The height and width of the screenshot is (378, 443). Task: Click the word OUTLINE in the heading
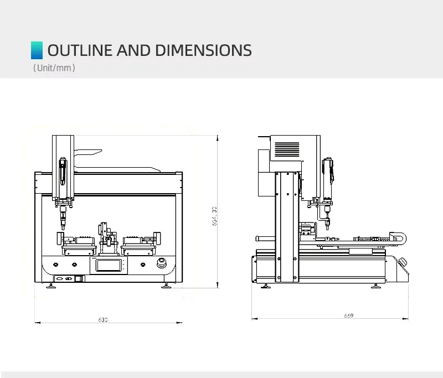pos(80,50)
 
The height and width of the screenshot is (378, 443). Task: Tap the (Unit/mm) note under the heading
pos(54,68)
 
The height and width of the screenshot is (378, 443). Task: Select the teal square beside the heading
pos(37,50)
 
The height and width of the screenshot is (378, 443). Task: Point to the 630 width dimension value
pos(103,320)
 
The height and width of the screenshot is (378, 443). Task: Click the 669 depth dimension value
pos(348,316)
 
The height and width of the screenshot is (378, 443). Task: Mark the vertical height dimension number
pos(214,216)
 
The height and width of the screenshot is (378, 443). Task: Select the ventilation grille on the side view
pos(287,149)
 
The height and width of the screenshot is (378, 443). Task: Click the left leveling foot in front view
pos(51,286)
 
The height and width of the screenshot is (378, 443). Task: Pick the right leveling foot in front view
pos(166,286)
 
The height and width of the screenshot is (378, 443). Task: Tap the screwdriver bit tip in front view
pos(63,227)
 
